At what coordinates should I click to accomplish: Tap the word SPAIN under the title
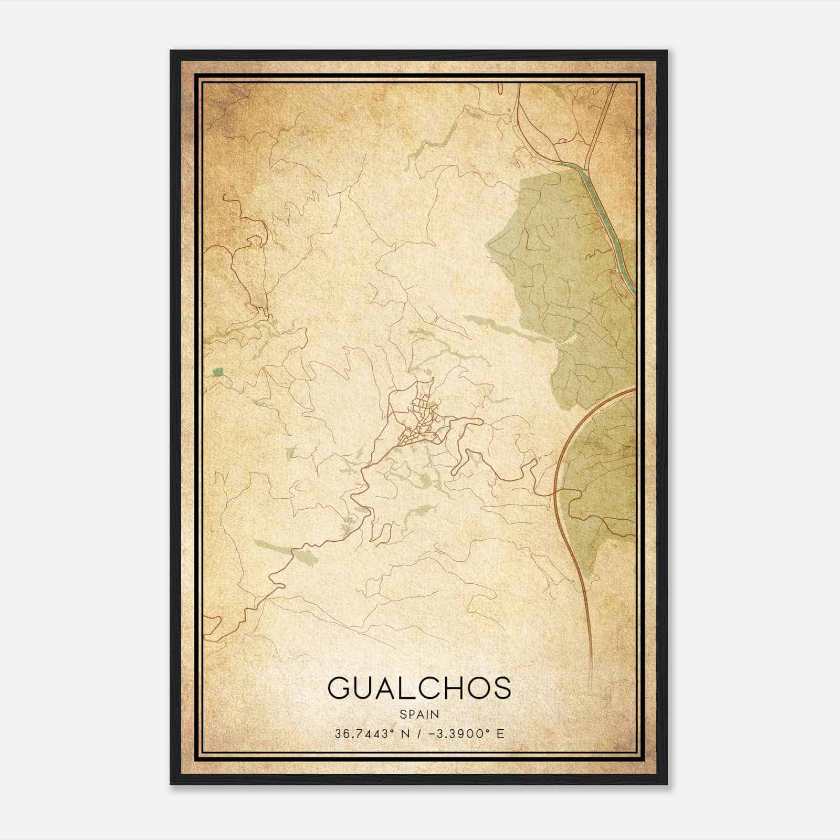[419, 714]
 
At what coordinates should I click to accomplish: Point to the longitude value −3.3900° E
[464, 733]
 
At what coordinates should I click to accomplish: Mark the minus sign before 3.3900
[430, 733]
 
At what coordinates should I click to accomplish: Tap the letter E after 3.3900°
[500, 733]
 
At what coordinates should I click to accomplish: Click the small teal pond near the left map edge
[218, 372]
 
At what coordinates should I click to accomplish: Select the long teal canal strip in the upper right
[604, 210]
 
